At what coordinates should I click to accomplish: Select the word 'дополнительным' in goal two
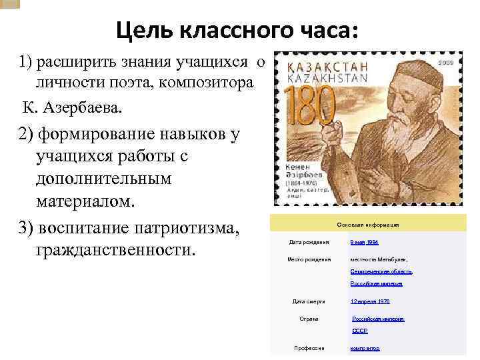105,179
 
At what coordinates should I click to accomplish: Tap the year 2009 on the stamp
446,62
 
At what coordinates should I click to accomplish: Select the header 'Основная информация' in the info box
367,225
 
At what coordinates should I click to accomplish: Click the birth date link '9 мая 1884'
364,243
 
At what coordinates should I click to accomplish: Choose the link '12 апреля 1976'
370,301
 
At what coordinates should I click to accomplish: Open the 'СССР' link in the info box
360,331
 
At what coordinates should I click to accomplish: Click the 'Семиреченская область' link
381,271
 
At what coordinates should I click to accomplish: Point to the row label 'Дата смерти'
309,301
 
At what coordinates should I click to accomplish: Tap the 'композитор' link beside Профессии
365,348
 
